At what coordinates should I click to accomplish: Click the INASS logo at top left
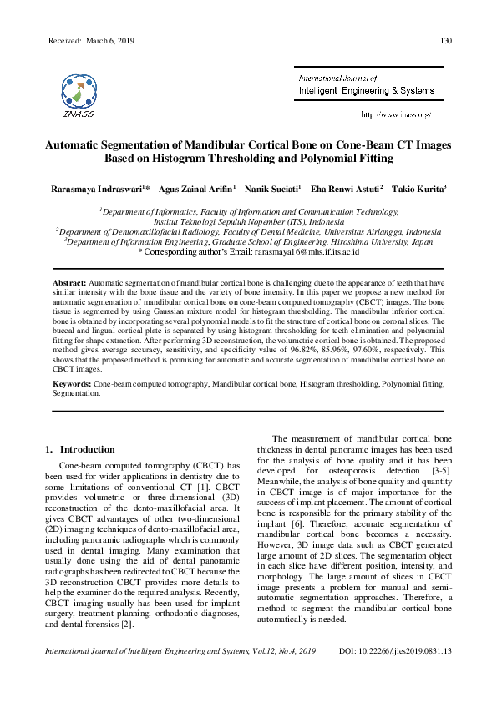[78, 90]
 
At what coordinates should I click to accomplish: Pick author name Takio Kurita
[420, 190]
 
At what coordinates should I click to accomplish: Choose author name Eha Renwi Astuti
[348, 190]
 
